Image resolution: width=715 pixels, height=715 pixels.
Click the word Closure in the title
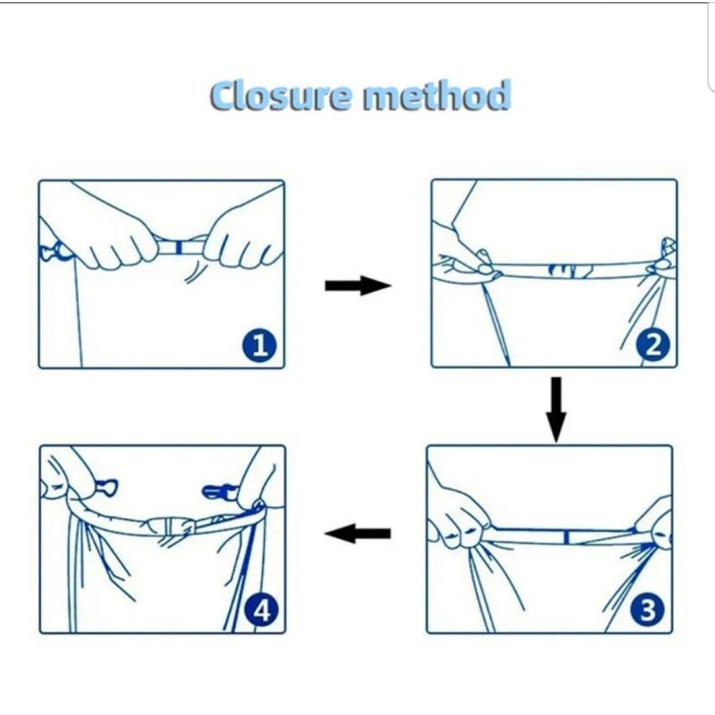pos(280,96)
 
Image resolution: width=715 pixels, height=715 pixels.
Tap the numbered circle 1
pos(259,346)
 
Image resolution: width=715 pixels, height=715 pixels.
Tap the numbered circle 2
pos(653,346)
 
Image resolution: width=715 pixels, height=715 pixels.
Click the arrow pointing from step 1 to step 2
pos(358,286)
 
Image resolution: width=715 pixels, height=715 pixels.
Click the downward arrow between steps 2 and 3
pos(556,409)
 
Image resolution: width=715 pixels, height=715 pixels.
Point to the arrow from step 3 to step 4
pos(357,533)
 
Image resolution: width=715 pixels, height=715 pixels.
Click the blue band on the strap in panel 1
pos(179,247)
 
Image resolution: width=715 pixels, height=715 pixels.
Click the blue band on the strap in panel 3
pos(566,537)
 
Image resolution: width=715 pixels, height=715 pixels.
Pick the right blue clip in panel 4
pos(218,492)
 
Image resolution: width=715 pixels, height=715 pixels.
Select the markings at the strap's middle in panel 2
pos(567,271)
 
